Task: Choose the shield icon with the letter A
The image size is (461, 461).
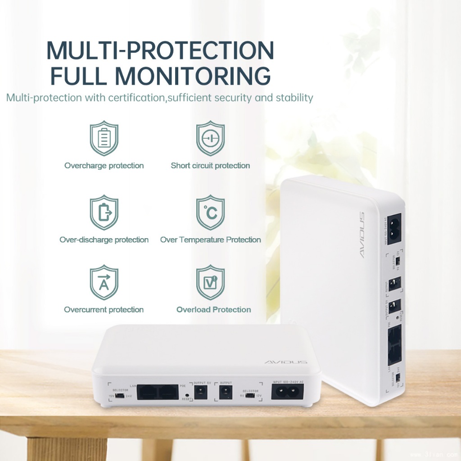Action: pyautogui.click(x=104, y=282)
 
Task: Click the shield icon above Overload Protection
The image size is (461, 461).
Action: pyautogui.click(x=210, y=282)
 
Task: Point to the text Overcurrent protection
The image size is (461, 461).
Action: pyautogui.click(x=104, y=310)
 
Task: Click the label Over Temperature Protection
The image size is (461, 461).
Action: pyautogui.click(x=210, y=240)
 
